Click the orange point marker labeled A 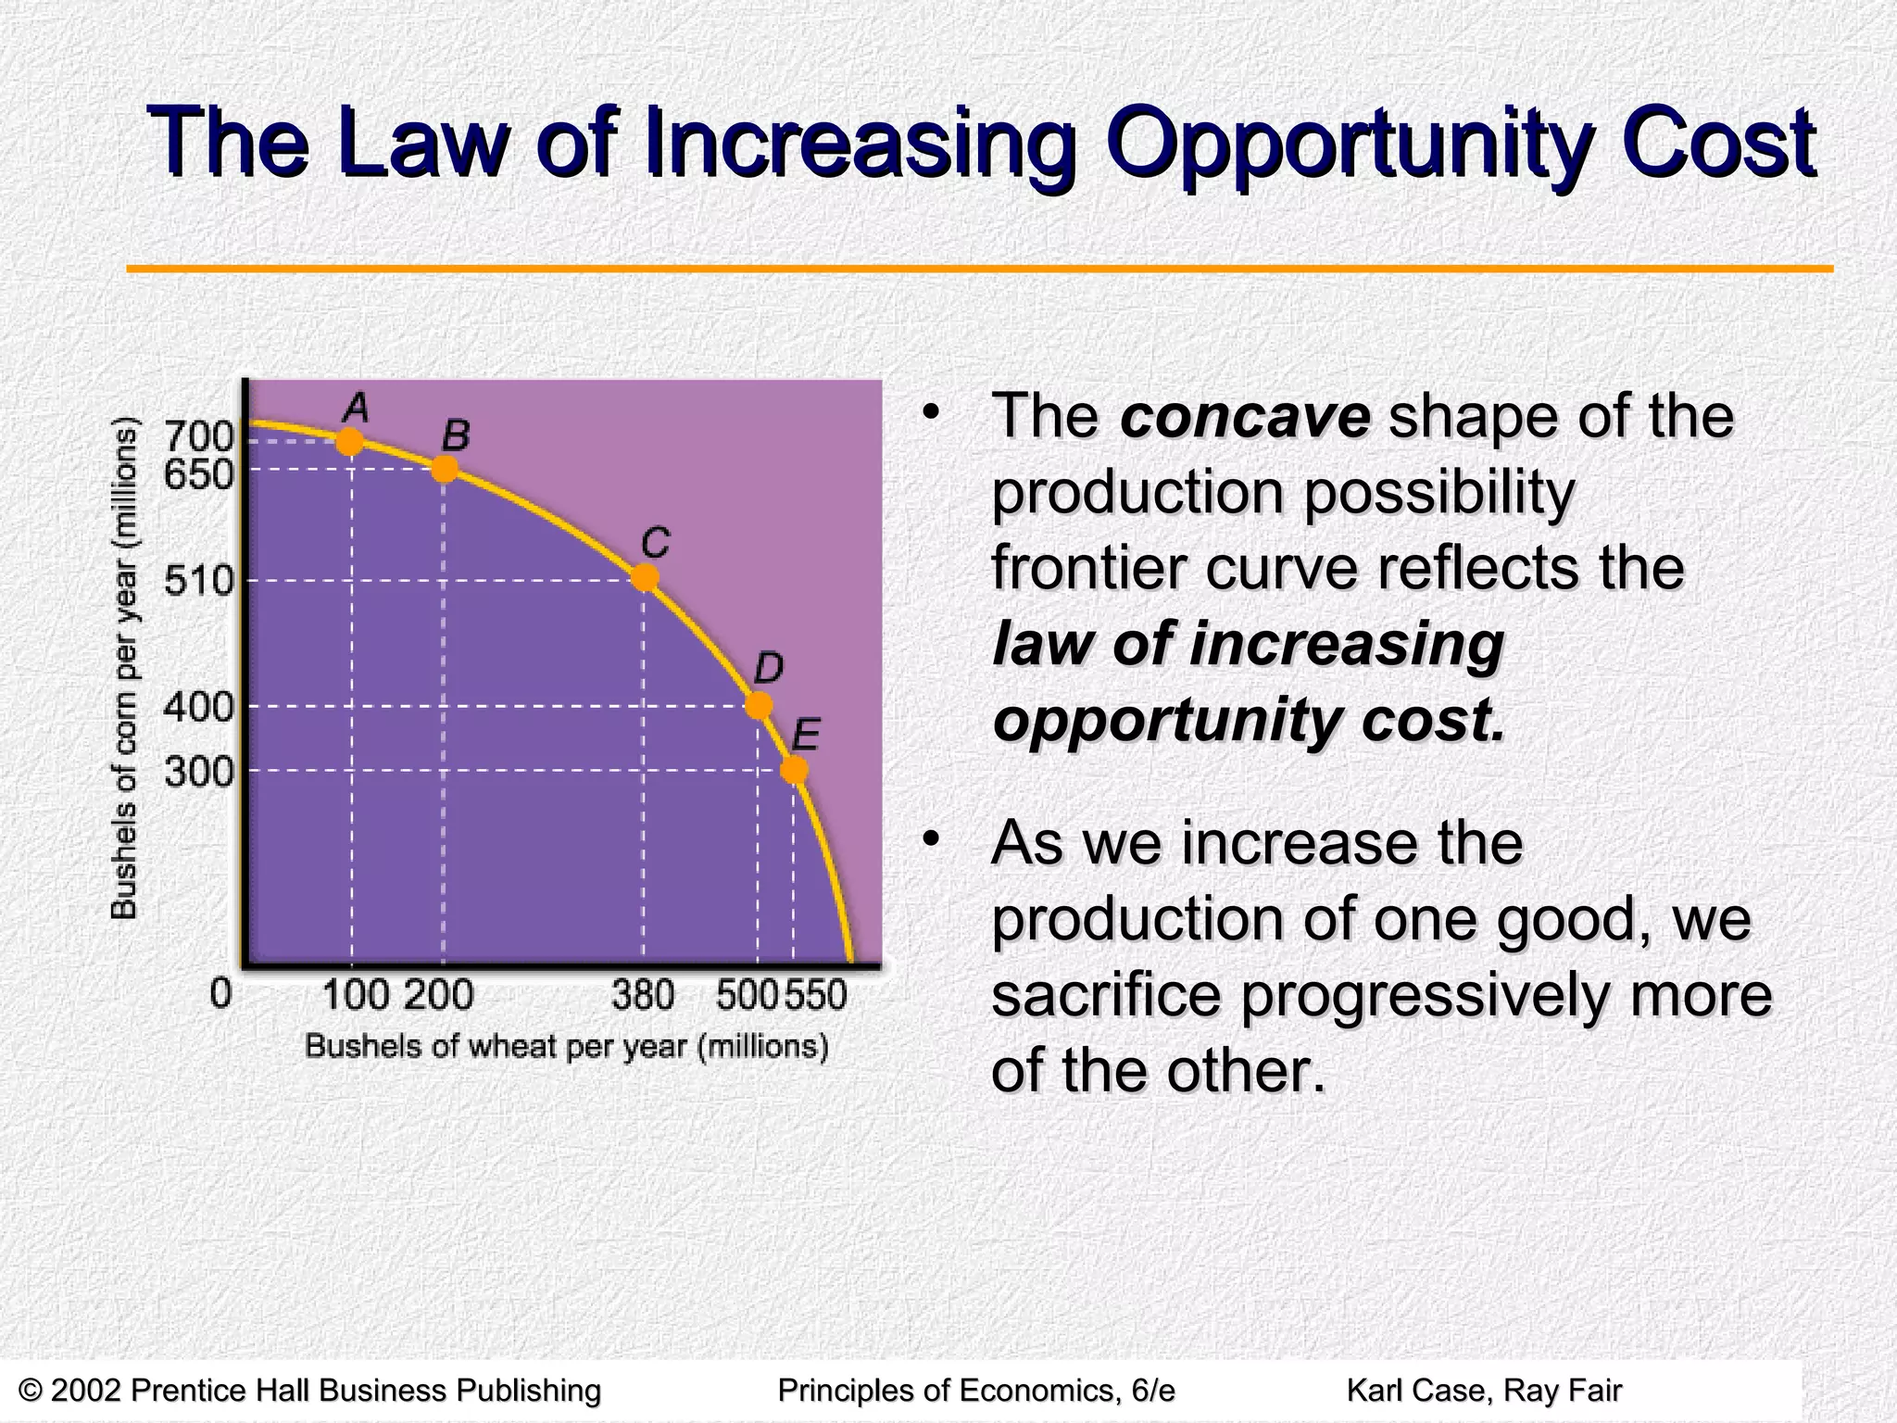[x=349, y=442]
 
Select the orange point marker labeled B [x=445, y=469]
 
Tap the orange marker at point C [x=645, y=578]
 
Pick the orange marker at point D [x=759, y=706]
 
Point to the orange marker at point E [x=794, y=770]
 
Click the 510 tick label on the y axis [x=199, y=582]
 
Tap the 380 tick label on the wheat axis [x=643, y=996]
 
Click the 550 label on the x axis [x=817, y=996]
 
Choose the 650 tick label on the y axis [x=199, y=475]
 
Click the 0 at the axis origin [x=220, y=994]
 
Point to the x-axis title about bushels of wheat [x=567, y=1047]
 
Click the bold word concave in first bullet [x=1244, y=417]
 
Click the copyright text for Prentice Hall [x=310, y=1391]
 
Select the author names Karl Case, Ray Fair [x=1484, y=1391]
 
